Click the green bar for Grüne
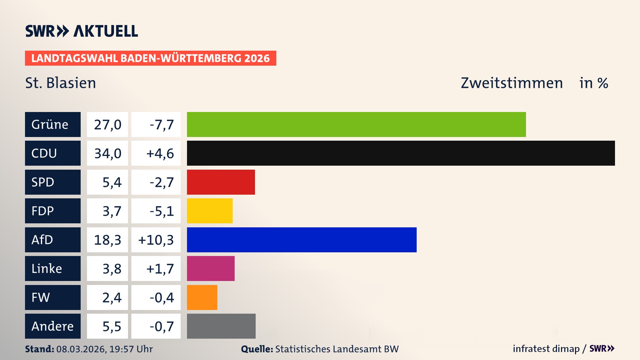click(x=356, y=124)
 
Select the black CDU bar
click(x=401, y=153)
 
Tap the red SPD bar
click(x=221, y=182)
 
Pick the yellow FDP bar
click(x=209, y=211)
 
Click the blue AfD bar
click(x=301, y=240)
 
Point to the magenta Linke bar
click(x=210, y=268)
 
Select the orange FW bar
click(x=202, y=297)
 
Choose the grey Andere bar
click(x=221, y=326)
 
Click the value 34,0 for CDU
click(x=107, y=153)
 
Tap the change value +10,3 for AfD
click(x=156, y=240)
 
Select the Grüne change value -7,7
click(x=161, y=125)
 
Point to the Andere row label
click(x=53, y=326)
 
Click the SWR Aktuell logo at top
click(x=81, y=31)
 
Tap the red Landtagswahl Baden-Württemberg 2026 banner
click(x=150, y=58)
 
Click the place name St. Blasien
click(x=61, y=83)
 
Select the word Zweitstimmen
click(x=511, y=83)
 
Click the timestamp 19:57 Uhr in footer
click(x=131, y=349)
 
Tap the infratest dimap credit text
click(x=546, y=349)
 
